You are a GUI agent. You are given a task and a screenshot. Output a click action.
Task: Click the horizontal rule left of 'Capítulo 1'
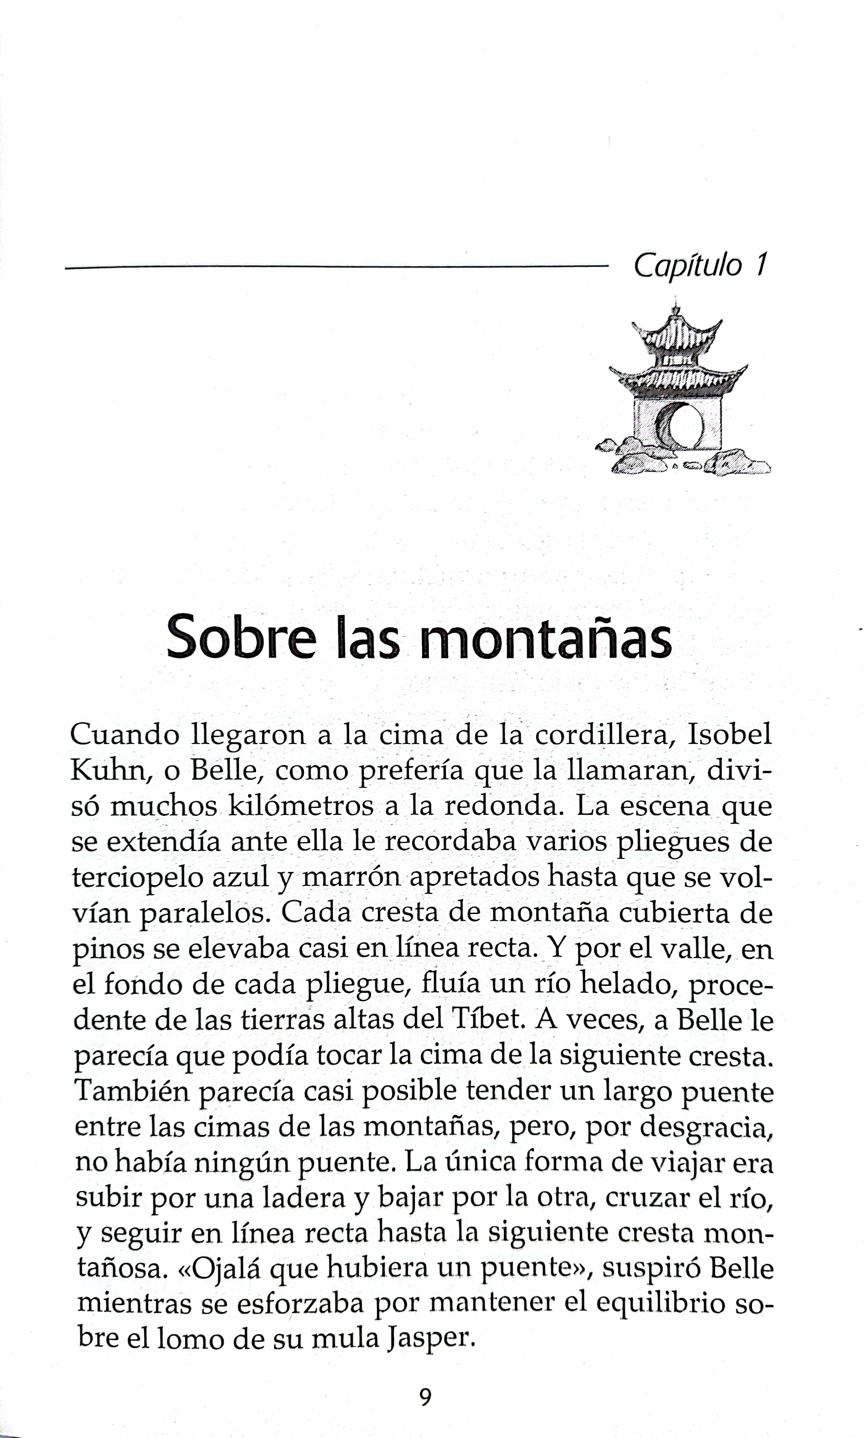pos(335,268)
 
